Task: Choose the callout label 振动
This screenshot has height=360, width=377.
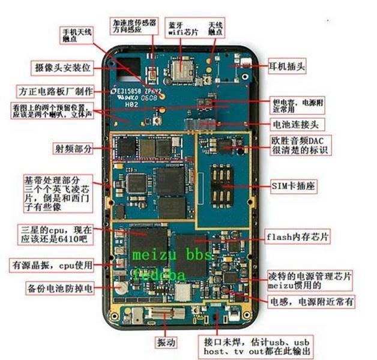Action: click(x=166, y=343)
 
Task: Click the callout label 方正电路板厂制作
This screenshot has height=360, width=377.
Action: click(x=55, y=91)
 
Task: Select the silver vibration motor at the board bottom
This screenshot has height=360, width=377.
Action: click(x=161, y=314)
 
